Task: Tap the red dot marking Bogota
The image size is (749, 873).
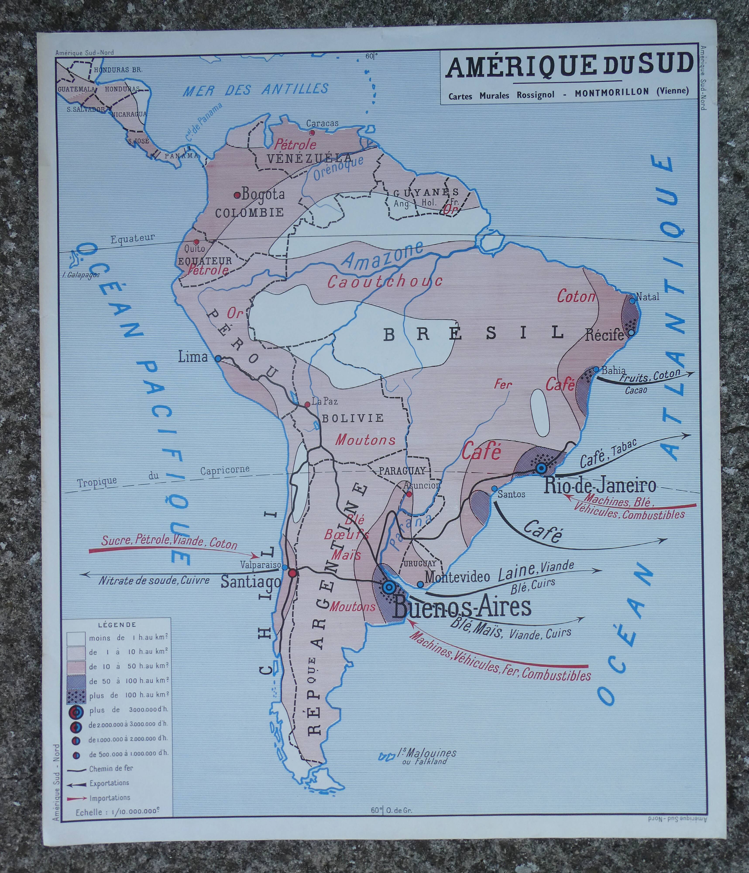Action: coord(237,195)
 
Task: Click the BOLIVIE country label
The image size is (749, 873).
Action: coord(353,418)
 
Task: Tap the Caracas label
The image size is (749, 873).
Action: coord(322,123)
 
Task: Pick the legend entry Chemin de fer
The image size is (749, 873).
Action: coord(111,768)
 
